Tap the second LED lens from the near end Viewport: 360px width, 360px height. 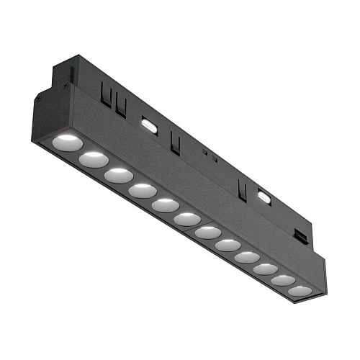pos(94,158)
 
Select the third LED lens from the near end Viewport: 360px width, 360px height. pos(117,175)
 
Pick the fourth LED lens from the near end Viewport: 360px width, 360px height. pos(142,191)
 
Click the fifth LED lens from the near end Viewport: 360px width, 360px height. pos(165,205)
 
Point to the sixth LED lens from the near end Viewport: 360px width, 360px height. pos(187,218)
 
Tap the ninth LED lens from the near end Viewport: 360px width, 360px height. pos(248,257)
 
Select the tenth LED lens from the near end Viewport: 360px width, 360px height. pos(266,269)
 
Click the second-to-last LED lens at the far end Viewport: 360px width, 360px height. pos(284,280)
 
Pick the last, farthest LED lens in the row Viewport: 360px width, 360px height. pos(300,291)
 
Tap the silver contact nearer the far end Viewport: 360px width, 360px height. pos(264,196)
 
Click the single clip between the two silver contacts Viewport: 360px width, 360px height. pos(174,142)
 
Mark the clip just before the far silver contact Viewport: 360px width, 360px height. pos(243,189)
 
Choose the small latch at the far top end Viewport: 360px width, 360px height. pos(298,235)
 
